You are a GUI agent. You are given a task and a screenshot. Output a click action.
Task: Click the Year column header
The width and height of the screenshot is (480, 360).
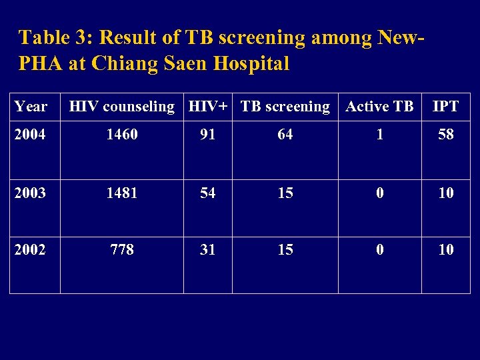coord(31,107)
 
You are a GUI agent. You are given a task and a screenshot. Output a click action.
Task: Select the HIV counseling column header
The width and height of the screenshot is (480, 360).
coord(122,107)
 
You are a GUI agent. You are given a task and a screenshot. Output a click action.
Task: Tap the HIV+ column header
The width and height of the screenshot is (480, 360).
coord(208,107)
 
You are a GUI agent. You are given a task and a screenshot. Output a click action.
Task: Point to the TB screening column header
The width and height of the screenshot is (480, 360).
coord(285,107)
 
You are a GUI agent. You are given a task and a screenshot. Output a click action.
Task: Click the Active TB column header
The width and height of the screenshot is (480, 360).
coord(380,107)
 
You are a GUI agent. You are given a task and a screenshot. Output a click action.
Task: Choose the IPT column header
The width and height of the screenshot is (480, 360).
coord(445,107)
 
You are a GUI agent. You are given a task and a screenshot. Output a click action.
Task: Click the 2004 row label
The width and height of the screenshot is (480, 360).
coord(31,135)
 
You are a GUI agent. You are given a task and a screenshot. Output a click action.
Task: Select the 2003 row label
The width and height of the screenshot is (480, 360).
coord(31,193)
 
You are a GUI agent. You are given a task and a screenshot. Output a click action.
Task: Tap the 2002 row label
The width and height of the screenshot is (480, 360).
coord(31,250)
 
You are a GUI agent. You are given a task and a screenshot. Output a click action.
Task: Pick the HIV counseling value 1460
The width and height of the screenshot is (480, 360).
coord(122,135)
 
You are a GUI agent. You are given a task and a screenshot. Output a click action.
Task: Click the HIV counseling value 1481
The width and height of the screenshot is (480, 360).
coord(122,193)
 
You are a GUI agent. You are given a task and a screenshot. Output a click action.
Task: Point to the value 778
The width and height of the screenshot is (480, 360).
coord(122,250)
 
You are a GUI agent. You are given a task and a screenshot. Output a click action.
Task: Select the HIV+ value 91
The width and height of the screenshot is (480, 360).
coord(208,135)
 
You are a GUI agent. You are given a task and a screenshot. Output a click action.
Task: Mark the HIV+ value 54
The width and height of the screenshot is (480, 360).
coord(208,193)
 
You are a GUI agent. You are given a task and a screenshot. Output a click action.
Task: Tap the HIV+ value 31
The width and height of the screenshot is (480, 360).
coord(208,250)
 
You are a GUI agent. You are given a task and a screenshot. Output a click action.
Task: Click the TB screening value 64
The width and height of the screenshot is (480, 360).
coord(285,135)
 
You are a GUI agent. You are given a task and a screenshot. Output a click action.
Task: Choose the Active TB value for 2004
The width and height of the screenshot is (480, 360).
coord(380,135)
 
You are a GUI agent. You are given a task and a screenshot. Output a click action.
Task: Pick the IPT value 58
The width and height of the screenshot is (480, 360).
coord(445,135)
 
